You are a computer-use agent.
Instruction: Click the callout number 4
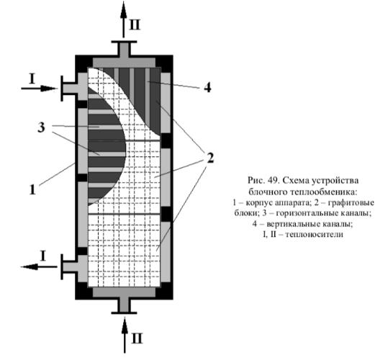pyautogui.click(x=207, y=87)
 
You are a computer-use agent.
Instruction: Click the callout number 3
pyautogui.click(x=41, y=127)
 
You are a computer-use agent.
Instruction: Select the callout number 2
pyautogui.click(x=209, y=158)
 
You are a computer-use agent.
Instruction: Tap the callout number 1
pyautogui.click(x=32, y=189)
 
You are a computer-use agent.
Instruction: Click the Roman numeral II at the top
pyautogui.click(x=135, y=24)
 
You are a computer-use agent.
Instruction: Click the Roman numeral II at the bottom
pyautogui.click(x=137, y=338)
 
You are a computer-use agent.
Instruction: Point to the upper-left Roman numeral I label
pyautogui.click(x=32, y=79)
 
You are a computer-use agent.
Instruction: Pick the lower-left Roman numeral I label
pyautogui.click(x=43, y=256)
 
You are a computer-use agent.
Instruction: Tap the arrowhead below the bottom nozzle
pyautogui.click(x=125, y=325)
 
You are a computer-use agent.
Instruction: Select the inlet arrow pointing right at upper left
pyautogui.click(x=40, y=89)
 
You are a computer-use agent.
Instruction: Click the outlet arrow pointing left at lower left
pyautogui.click(x=40, y=266)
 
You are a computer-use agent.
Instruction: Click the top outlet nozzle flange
pyautogui.click(x=124, y=42)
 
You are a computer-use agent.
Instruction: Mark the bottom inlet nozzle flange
pyautogui.click(x=124, y=312)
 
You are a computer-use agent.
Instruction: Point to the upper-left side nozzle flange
pyautogui.click(x=62, y=89)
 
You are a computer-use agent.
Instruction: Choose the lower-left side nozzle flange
pyautogui.click(x=62, y=266)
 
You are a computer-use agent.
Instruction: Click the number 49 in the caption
pyautogui.click(x=273, y=181)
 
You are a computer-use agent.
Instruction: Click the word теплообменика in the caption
pyautogui.click(x=327, y=192)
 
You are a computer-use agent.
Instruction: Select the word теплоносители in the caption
pyautogui.click(x=315, y=235)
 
